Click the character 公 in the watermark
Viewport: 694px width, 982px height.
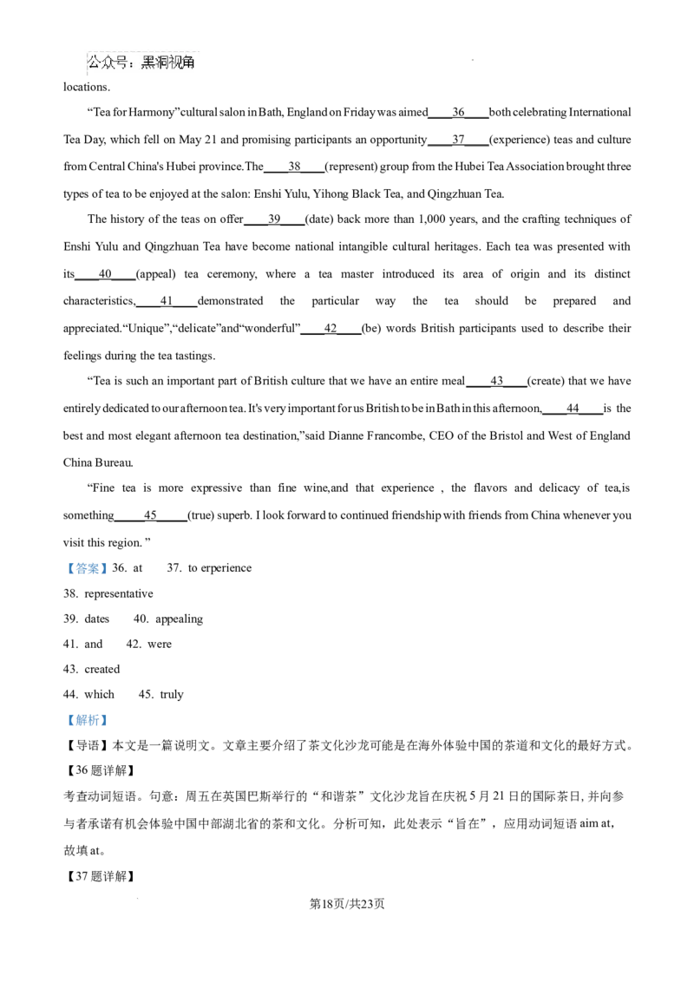point(95,62)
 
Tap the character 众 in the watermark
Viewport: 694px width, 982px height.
point(108,62)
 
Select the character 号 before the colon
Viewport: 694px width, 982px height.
point(122,62)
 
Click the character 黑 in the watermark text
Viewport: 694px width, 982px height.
point(148,62)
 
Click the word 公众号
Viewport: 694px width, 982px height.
point(108,62)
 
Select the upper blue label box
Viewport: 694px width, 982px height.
point(87,569)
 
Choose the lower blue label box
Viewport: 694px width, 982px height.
point(87,719)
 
